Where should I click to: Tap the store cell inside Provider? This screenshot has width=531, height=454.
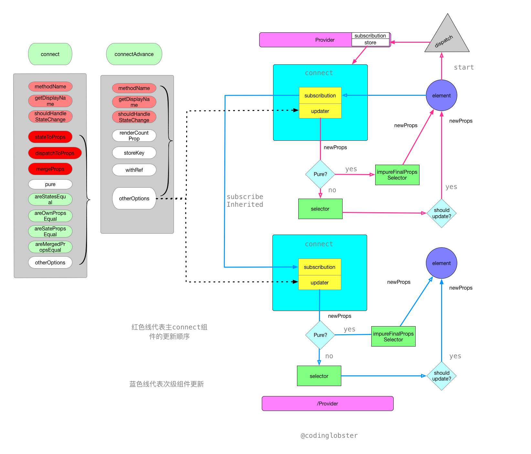(370, 43)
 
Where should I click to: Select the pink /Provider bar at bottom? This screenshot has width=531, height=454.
(327, 404)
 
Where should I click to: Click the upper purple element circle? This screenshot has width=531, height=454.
(441, 95)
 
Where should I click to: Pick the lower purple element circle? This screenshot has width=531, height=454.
(441, 263)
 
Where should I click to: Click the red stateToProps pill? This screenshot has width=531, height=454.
(50, 137)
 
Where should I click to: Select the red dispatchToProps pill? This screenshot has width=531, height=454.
(55, 153)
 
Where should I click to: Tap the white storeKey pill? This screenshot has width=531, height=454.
(134, 153)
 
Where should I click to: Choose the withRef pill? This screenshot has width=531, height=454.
(134, 170)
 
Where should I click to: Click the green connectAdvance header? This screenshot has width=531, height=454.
(134, 54)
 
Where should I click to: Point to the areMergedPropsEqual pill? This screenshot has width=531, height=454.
(50, 247)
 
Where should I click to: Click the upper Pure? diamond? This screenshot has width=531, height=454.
(320, 174)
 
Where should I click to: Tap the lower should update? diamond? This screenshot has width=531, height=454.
(441, 376)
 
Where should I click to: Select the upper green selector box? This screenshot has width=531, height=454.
(320, 209)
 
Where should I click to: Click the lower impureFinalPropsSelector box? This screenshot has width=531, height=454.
(393, 337)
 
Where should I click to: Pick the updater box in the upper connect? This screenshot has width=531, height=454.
(320, 111)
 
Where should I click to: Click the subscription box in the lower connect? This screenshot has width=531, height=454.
(320, 267)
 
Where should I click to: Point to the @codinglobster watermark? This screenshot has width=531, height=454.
(329, 436)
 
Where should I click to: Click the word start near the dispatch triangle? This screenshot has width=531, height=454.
(464, 67)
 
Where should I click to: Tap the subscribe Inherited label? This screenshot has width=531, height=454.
(245, 201)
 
